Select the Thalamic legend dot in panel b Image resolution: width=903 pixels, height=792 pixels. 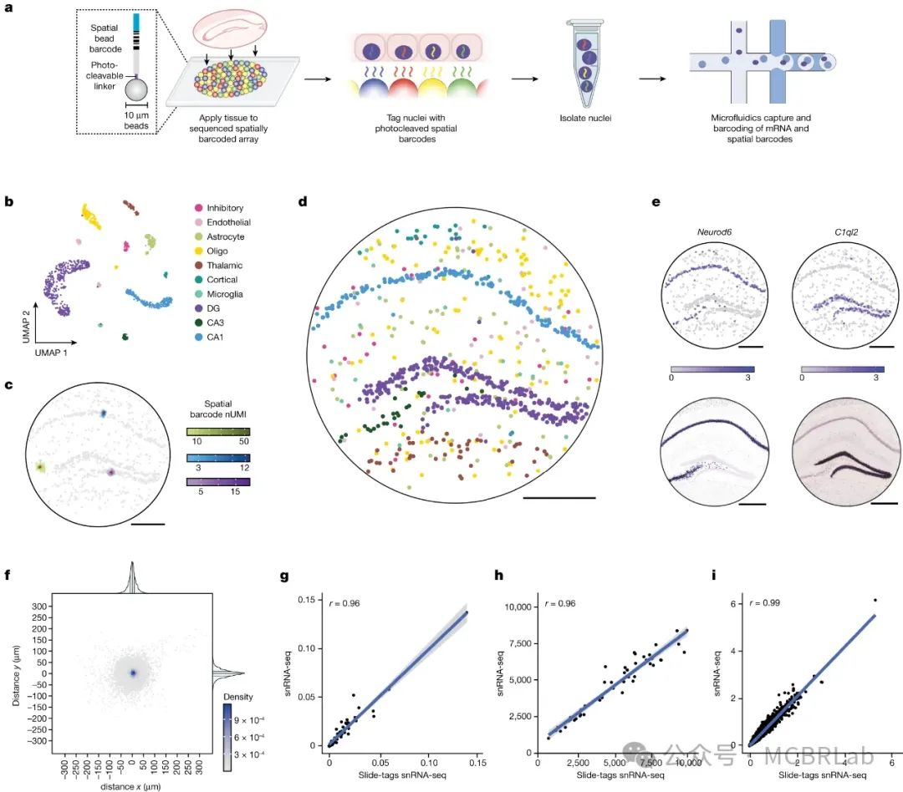[198, 264]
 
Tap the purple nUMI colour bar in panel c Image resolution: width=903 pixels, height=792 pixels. [218, 482]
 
